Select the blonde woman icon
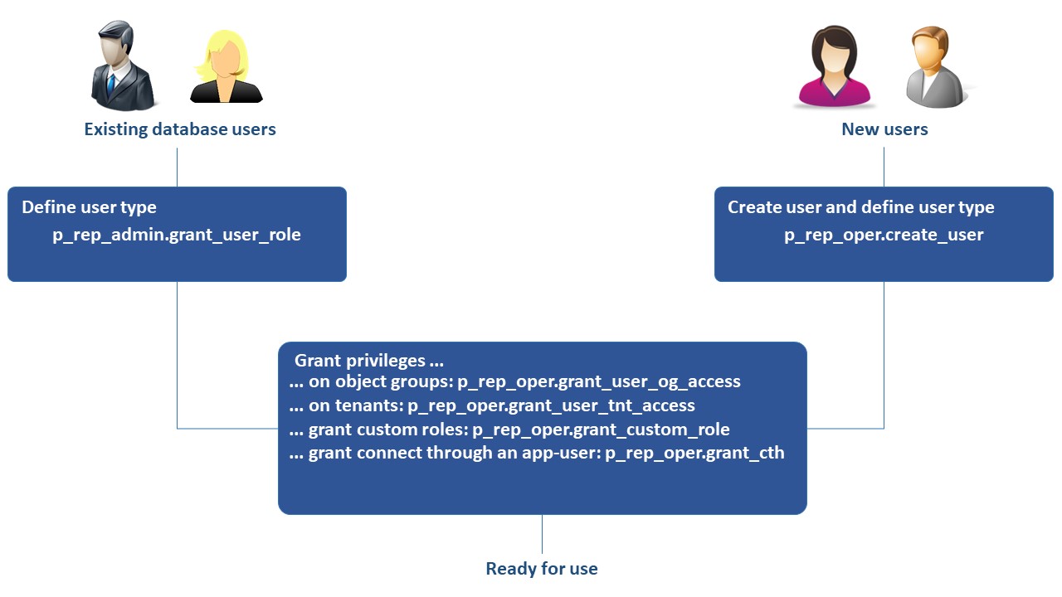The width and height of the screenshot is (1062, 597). click(225, 68)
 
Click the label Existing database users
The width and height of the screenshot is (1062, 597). click(180, 129)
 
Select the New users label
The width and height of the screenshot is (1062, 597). click(884, 129)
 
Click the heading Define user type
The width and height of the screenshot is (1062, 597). click(89, 207)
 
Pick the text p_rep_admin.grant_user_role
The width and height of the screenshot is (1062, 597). click(177, 235)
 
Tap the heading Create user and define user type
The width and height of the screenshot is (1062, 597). click(860, 207)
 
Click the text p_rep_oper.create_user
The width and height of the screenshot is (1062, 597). click(884, 235)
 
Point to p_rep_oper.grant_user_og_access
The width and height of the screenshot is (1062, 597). click(599, 382)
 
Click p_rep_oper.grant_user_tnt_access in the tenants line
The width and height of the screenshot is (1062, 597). click(551, 405)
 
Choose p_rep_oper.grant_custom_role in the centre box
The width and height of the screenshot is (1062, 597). click(601, 430)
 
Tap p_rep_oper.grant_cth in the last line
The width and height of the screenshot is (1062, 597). click(694, 453)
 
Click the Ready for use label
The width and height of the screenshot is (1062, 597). click(542, 569)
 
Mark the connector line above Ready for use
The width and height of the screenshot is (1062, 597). click(542, 535)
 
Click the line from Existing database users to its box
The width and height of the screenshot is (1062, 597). click(177, 167)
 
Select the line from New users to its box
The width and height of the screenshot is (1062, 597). click(884, 167)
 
